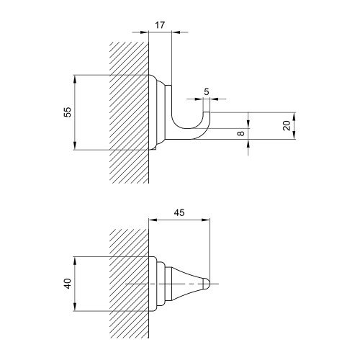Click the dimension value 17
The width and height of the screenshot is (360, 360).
pyautogui.click(x=160, y=25)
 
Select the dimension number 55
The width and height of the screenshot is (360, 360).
pyautogui.click(x=68, y=112)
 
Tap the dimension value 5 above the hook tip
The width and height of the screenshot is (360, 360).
pyautogui.click(x=207, y=91)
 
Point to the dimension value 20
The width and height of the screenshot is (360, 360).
pyautogui.click(x=287, y=125)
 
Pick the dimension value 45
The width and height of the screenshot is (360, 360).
pyautogui.click(x=179, y=212)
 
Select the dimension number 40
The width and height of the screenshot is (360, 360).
pyautogui.click(x=68, y=284)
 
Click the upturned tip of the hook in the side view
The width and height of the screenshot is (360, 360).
pyautogui.click(x=207, y=112)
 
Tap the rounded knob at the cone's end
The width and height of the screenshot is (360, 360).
pyautogui.click(x=207, y=284)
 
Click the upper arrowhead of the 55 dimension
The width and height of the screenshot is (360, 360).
pyautogui.click(x=75, y=79)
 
